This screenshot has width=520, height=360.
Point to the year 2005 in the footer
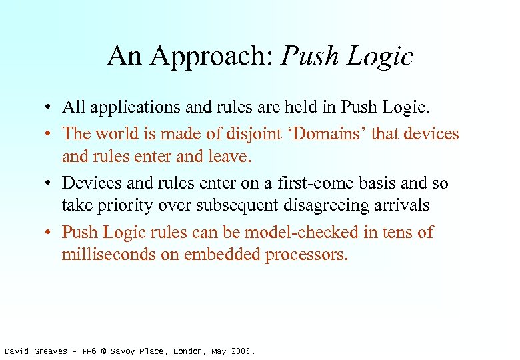(241, 351)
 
